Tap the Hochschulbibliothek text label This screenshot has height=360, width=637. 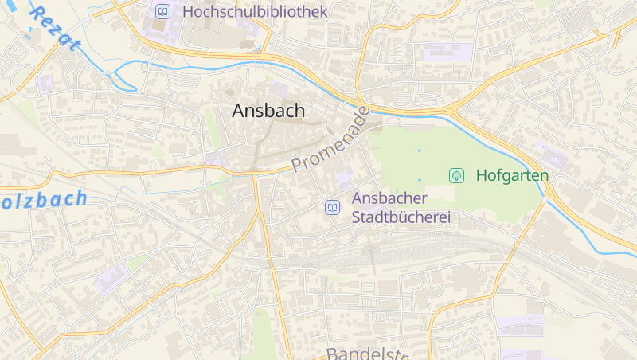point(255,11)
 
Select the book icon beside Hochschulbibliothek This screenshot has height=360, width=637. point(163,11)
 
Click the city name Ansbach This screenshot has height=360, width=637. point(268,112)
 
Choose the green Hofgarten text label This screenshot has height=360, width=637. point(512,174)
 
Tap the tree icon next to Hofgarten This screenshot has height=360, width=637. point(457,174)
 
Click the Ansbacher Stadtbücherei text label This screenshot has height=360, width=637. point(401,208)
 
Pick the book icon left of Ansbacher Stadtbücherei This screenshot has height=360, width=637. point(332,207)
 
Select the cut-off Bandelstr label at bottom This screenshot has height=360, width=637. point(367,353)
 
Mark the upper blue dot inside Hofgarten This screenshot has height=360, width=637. point(419,150)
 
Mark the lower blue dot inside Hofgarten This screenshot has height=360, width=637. point(419,180)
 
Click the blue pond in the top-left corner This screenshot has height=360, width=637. point(31,29)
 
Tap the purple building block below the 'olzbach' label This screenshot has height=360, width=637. point(111,279)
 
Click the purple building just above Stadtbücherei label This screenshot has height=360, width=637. point(345,178)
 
